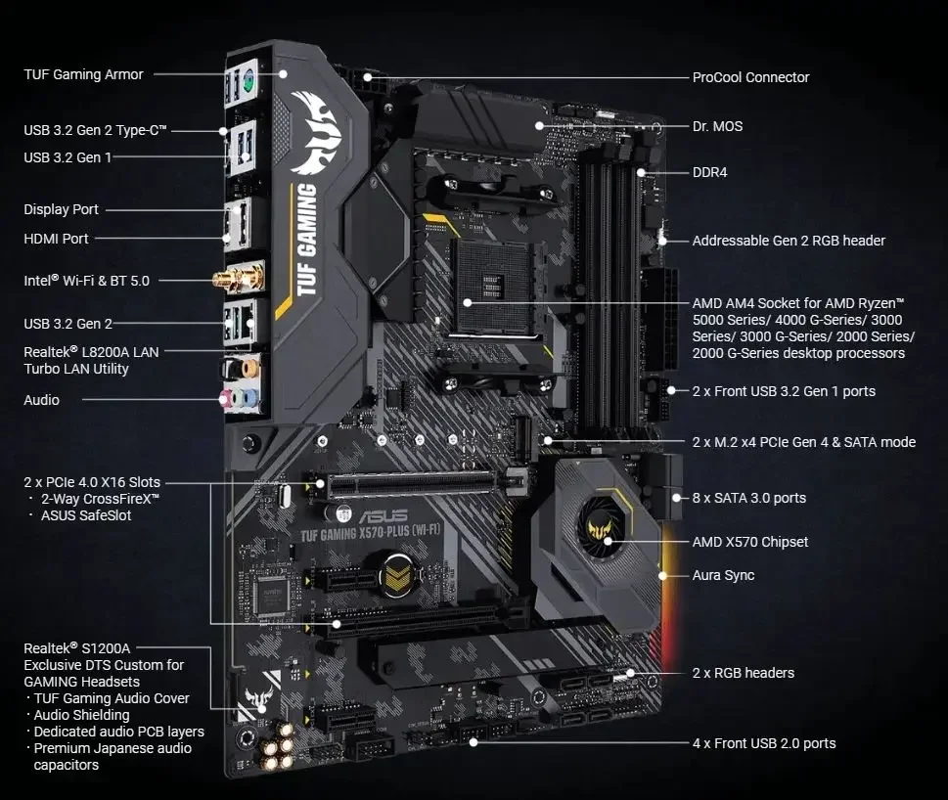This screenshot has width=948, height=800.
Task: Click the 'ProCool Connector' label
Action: [750, 77]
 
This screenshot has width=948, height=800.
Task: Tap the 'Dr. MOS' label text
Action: [717, 126]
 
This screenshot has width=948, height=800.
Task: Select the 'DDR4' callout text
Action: [709, 172]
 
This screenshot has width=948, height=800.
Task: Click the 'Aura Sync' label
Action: [723, 575]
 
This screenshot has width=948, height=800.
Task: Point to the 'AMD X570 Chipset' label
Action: [749, 542]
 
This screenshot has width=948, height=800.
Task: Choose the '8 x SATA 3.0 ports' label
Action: [748, 498]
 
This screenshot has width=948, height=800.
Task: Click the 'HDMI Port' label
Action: [56, 238]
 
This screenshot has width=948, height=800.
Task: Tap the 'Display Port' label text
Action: [61, 209]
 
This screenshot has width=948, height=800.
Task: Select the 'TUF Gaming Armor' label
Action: [83, 74]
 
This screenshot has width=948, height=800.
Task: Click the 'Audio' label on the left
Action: [41, 400]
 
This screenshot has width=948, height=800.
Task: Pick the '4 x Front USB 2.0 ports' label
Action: [763, 743]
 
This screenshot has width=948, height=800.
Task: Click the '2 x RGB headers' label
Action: [743, 673]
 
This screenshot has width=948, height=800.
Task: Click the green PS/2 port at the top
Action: [248, 83]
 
